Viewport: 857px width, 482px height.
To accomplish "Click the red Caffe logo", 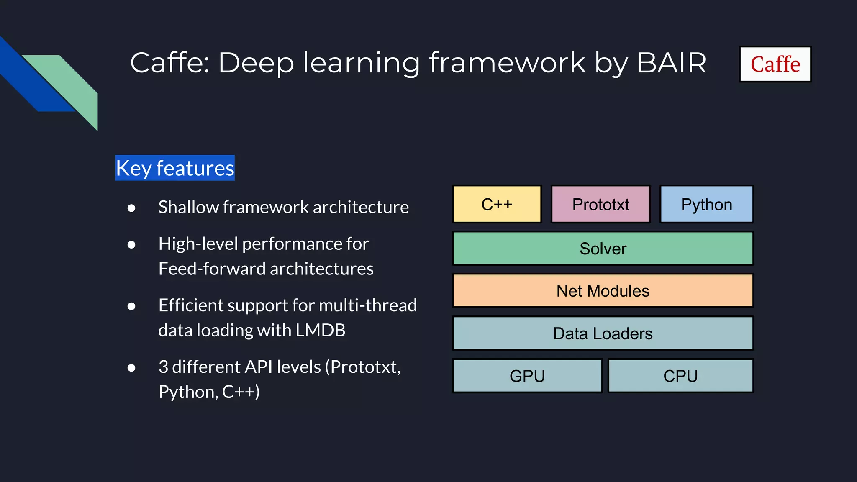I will coord(775,64).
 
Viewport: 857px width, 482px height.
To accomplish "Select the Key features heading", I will coord(175,168).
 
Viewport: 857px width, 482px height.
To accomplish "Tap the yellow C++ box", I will coord(497,204).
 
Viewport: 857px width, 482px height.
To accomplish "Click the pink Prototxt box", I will coord(600,204).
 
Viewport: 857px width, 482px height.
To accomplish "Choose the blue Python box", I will coord(706,204).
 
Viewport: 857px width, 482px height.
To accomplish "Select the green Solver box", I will coord(603,249).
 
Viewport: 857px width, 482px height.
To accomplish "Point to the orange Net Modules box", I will coord(603,291).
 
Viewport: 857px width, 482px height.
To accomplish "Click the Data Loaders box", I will coord(603,333).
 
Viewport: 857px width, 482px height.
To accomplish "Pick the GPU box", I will coord(527,376).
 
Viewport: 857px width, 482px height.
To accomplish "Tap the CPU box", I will coord(680,376).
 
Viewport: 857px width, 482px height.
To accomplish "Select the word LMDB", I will coord(320,330).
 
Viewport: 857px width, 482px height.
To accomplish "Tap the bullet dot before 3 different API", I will coord(131,368).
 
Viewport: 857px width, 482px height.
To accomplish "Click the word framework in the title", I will coord(507,63).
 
